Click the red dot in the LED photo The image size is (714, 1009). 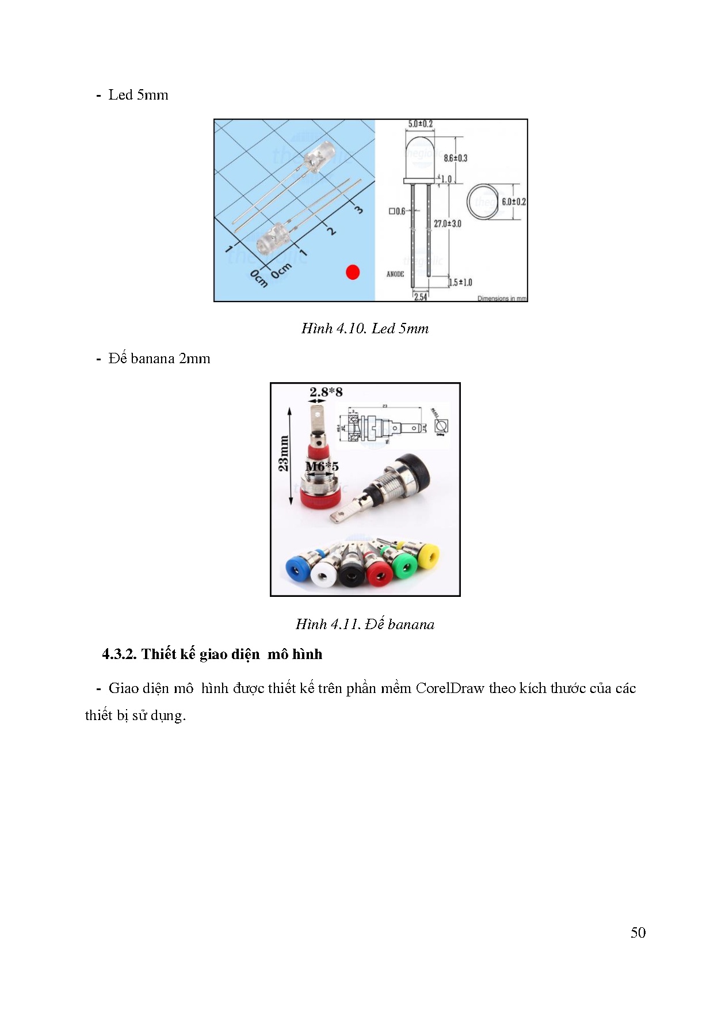tap(353, 272)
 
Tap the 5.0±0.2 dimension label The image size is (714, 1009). tap(420, 124)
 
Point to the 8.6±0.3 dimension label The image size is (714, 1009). tap(455, 158)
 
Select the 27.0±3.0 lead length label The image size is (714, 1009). tap(447, 223)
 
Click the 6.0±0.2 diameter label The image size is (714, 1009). tap(513, 201)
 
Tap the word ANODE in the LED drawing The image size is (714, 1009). tap(395, 274)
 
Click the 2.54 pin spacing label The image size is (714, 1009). tap(421, 297)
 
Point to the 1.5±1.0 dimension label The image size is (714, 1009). tap(460, 282)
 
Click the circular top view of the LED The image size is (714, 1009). tap(482, 202)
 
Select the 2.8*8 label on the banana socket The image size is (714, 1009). tap(326, 392)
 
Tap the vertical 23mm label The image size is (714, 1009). tap(283, 453)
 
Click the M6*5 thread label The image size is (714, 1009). tap(322, 466)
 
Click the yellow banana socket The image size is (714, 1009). tap(428, 556)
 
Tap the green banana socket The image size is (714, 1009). tap(405, 566)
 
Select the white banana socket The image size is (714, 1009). tap(323, 573)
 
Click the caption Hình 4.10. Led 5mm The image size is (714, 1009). tap(365, 329)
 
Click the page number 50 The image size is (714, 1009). tap(637, 932)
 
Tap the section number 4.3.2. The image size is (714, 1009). tap(119, 654)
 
